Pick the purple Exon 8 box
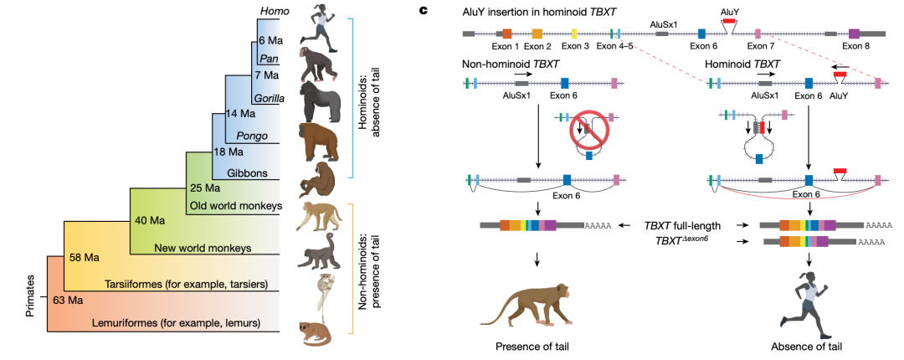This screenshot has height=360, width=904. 855,33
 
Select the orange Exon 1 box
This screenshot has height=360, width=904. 506,33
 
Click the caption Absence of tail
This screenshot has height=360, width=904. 809,346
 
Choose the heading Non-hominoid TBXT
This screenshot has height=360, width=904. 510,64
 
